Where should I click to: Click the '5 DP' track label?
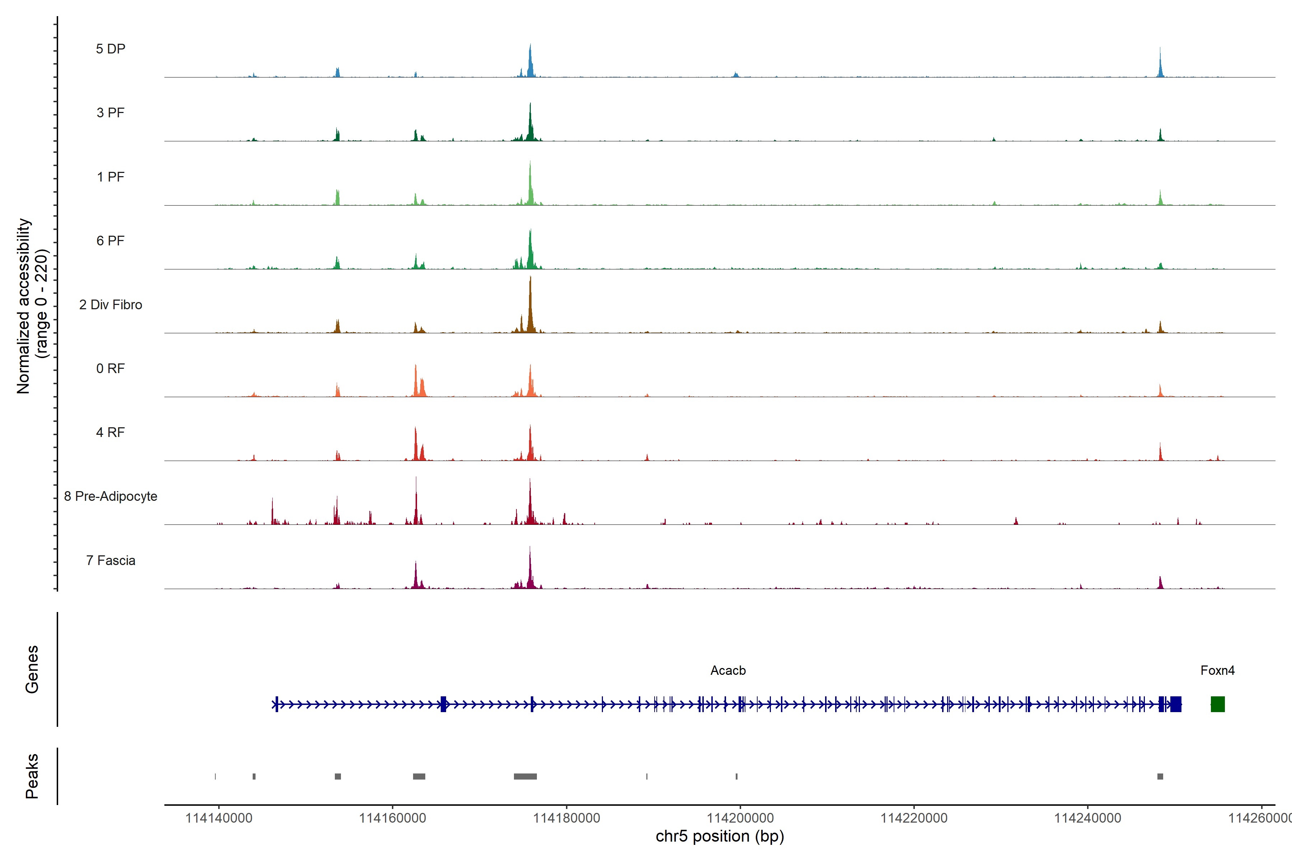(111, 49)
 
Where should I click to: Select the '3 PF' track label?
(111, 113)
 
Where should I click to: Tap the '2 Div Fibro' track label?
(111, 305)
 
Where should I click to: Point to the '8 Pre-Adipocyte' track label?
(111, 497)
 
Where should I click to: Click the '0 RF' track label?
(111, 368)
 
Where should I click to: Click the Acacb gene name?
(728, 671)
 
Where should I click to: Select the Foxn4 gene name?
(1217, 671)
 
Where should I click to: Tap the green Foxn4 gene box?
(1217, 704)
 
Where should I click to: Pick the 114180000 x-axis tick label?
(566, 818)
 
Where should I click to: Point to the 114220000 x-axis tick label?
(913, 818)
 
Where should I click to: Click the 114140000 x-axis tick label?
(219, 818)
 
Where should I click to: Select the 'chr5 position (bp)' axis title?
(720, 836)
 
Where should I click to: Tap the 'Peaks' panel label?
(32, 776)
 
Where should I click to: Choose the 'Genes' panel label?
(32, 669)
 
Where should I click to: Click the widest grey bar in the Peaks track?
(525, 776)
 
